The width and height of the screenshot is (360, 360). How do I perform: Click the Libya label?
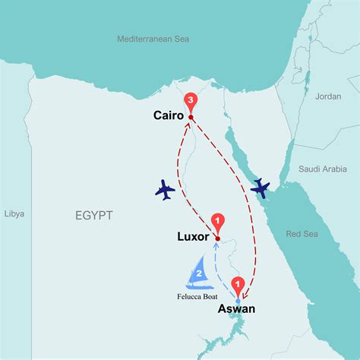(13, 213)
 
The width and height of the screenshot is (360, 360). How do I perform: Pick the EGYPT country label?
(94, 216)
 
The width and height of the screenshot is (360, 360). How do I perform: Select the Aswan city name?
(236, 308)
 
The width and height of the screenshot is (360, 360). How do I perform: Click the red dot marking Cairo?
(191, 117)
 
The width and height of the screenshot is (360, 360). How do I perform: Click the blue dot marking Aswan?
(238, 302)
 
